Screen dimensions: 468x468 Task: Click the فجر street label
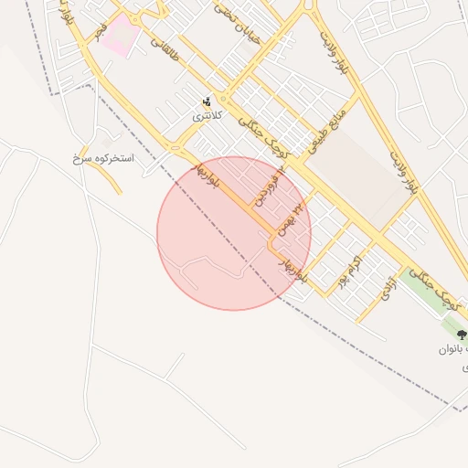[x=100, y=27]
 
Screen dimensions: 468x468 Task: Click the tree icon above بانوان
[x=462, y=335]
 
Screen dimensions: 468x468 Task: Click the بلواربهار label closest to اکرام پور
[x=294, y=265]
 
